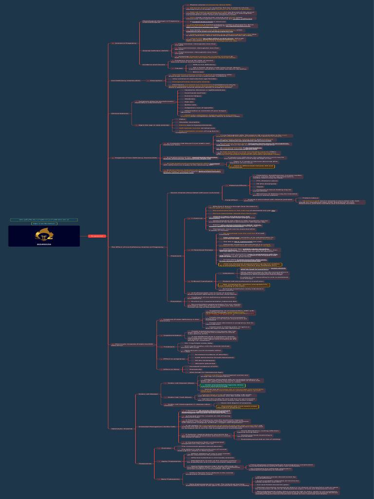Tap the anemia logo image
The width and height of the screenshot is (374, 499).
44,236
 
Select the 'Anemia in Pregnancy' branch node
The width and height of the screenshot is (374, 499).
125,43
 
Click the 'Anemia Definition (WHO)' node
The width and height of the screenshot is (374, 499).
155,50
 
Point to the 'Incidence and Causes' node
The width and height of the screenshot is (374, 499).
153,64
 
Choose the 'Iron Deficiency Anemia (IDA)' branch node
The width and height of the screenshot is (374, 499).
126,80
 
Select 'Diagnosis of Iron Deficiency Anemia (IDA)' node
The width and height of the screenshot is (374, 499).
134,158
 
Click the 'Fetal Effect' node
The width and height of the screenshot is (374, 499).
217,200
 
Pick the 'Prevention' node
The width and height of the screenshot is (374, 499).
176,301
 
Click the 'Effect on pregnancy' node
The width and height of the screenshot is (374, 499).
172,359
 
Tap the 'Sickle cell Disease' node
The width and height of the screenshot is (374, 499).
149,394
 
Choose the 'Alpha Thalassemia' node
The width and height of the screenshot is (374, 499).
171,461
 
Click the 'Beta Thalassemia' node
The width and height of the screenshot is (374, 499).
170,479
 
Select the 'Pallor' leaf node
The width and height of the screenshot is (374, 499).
182,119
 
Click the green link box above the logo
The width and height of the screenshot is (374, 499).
44,220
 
